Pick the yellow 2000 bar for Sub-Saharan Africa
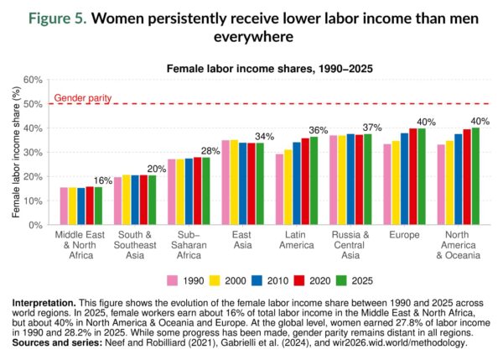pyautogui.click(x=181, y=192)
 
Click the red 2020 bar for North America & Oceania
pyautogui.click(x=467, y=177)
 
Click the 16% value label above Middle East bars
pyautogui.click(x=103, y=180)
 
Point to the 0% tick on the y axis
pyautogui.click(x=35, y=225)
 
